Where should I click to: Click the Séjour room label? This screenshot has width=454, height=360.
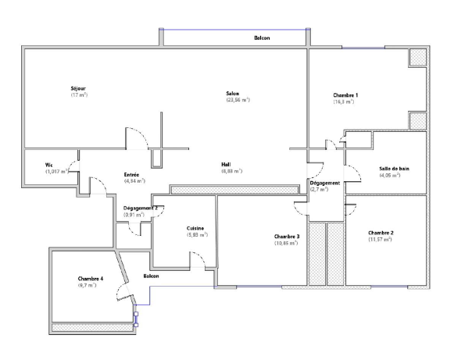point(78,88)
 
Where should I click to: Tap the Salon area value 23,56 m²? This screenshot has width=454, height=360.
point(238,100)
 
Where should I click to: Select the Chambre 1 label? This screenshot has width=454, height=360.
point(345,95)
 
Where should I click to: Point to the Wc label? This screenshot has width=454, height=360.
point(49,166)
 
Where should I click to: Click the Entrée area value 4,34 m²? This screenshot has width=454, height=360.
point(134,181)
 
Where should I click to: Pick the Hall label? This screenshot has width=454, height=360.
point(226,165)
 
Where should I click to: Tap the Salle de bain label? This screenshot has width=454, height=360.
point(394,169)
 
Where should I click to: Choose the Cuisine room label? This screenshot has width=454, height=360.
point(195,229)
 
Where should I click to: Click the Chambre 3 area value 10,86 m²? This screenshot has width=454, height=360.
point(286,244)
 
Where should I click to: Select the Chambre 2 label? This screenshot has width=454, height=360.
point(381,233)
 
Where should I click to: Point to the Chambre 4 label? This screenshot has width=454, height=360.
point(91,279)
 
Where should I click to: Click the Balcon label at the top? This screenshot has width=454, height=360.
point(262,38)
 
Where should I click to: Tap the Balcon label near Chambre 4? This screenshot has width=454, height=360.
point(151,276)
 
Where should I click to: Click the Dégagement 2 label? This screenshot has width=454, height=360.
point(141,209)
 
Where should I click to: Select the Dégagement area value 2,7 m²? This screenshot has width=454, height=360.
point(319,190)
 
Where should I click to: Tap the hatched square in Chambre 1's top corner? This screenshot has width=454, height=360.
point(417,57)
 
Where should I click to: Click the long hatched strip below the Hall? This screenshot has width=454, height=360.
point(234,190)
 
